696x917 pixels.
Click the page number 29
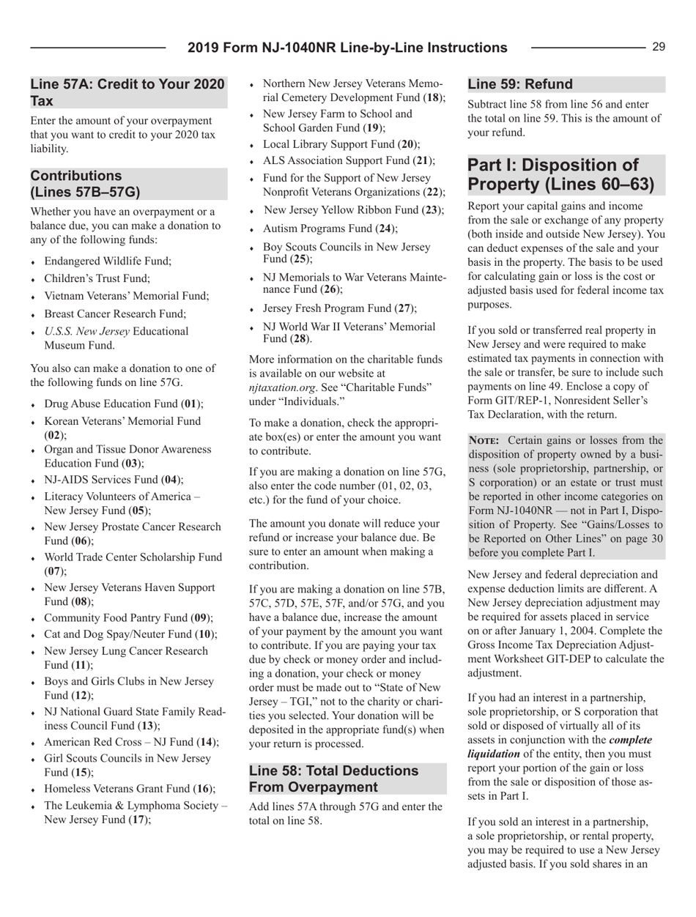coord(658,47)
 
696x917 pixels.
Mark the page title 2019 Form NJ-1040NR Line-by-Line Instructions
coord(346,47)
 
